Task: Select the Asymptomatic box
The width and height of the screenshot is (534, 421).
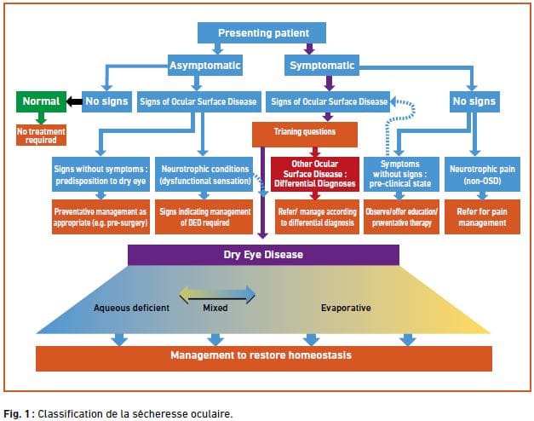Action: coord(204,65)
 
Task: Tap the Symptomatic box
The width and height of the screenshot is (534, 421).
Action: coord(322,65)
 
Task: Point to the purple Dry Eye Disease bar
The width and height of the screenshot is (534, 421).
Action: coord(263,254)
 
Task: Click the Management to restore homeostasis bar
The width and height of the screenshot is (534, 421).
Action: coord(263,356)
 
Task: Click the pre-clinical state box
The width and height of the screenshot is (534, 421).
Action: coord(400,170)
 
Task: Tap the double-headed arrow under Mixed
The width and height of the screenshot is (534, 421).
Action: coord(216,293)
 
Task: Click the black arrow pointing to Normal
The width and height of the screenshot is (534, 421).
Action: coord(73,101)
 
